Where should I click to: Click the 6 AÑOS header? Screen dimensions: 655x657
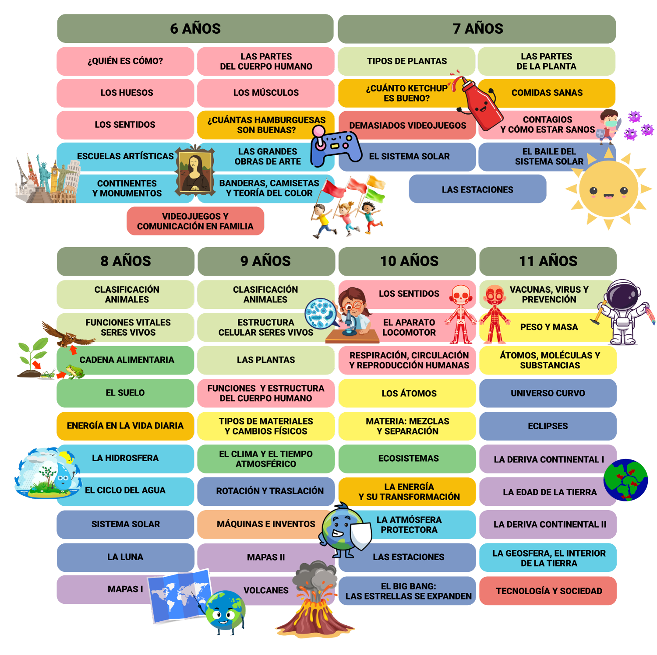point(195,28)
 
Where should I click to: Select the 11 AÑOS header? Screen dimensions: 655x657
point(548,261)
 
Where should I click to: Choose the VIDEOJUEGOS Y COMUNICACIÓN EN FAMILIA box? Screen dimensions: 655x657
point(195,221)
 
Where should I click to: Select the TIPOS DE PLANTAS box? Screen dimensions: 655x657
point(406,61)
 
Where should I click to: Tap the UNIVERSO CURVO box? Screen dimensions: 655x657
point(548,393)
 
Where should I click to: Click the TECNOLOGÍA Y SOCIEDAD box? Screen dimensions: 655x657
point(548,591)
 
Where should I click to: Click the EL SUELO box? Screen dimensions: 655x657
point(125,392)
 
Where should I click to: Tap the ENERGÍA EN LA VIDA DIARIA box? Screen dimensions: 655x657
point(125,425)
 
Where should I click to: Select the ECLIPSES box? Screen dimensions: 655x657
point(548,426)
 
